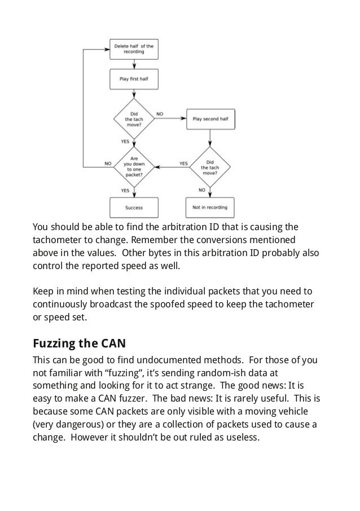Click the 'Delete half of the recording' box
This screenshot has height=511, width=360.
point(134,49)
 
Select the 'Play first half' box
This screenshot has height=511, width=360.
point(134,79)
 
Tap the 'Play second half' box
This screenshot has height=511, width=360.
point(210,119)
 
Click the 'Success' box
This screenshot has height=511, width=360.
point(134,208)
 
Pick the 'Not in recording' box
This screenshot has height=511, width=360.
point(210,207)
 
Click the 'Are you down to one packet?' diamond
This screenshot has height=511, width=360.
point(134,167)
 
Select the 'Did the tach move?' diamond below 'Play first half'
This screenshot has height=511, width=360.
point(134,119)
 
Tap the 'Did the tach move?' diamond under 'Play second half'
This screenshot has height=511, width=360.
point(210,167)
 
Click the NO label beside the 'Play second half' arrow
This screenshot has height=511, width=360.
point(160,114)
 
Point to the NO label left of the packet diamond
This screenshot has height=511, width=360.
point(108,164)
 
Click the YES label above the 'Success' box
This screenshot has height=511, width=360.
point(125,191)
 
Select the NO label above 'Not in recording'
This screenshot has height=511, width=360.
point(202,190)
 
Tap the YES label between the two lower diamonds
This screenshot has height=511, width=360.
point(183,164)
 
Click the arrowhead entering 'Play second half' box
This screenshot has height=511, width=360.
point(183,118)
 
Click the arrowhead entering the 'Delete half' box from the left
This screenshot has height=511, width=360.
point(107,50)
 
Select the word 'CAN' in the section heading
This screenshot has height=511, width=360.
point(113,343)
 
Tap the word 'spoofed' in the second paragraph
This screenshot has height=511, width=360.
point(166,305)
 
